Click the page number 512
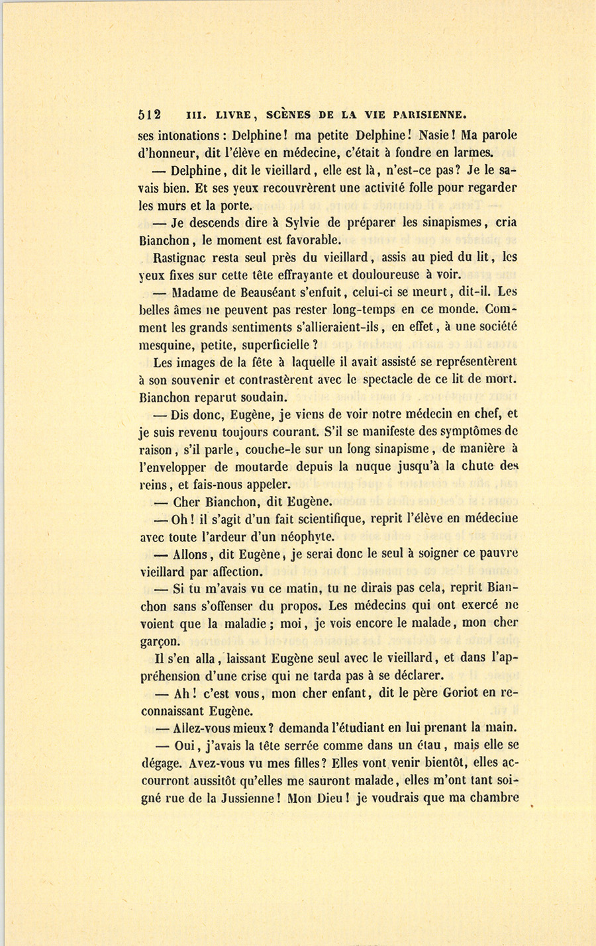150,113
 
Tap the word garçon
160,641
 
